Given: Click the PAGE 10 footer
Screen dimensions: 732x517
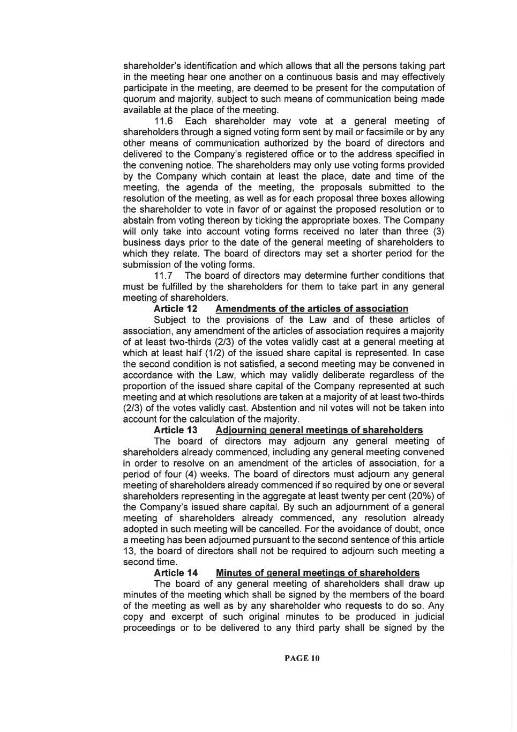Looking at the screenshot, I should pyautogui.click(x=302, y=658).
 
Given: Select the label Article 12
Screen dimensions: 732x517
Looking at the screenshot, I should pyautogui.click(x=175, y=308).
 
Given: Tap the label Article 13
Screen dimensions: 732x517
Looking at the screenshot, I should pyautogui.click(x=175, y=430).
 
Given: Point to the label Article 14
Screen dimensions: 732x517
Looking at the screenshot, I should pyautogui.click(x=175, y=573).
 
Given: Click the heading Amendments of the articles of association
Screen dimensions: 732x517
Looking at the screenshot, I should pyautogui.click(x=312, y=308).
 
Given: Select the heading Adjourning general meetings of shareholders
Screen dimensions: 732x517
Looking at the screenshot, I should pyautogui.click(x=319, y=430).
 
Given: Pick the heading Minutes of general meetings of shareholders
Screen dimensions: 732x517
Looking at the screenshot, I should pyautogui.click(x=317, y=573).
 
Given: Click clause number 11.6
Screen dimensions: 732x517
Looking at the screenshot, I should pyautogui.click(x=163, y=121).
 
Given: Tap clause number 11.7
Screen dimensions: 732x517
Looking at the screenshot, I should pyautogui.click(x=163, y=276).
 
